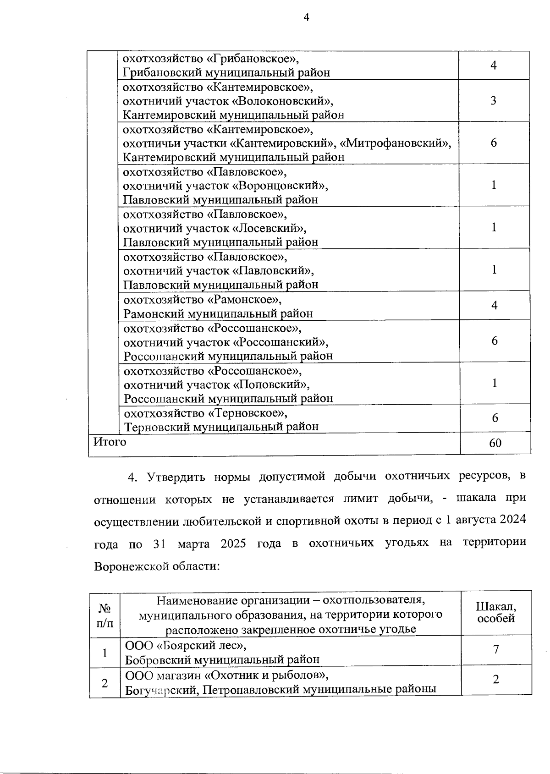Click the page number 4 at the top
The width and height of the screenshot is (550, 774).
coord(307,17)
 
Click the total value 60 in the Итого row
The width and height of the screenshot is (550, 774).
coord(495,443)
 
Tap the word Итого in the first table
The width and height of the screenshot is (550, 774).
coord(110,442)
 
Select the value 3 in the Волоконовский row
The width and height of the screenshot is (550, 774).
coord(493,101)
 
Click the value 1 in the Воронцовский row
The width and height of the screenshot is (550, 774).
coord(494,185)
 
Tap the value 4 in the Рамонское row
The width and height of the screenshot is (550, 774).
coord(494,306)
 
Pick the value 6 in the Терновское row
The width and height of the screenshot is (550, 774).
coord(495,418)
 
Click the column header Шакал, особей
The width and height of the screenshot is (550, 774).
coord(496,613)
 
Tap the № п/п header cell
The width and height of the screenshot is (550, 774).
coord(105,613)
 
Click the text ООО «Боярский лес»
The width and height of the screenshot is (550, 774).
coord(186,646)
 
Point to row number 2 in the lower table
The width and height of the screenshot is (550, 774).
coord(105,683)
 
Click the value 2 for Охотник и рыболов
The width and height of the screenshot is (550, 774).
coord(496,680)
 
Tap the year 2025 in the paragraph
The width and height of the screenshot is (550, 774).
coord(233,544)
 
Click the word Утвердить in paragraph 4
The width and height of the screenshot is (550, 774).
coord(175,477)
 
